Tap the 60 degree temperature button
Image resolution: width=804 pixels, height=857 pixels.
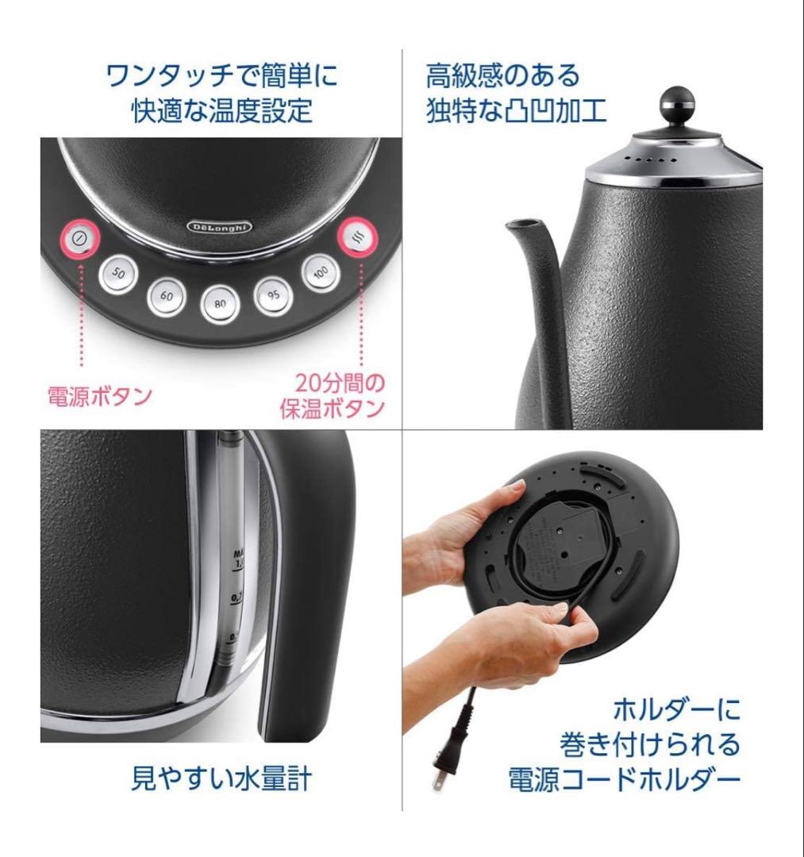[167, 295]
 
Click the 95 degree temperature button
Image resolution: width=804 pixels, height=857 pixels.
[272, 294]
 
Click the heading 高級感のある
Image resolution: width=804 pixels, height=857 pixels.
[502, 76]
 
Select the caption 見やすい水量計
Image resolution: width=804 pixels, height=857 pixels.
[221, 778]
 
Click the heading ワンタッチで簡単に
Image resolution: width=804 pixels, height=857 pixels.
[221, 76]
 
